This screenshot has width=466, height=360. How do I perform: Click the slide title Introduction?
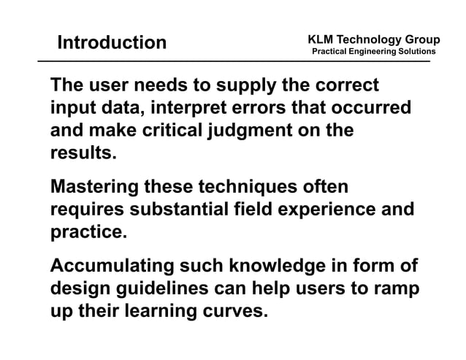(112, 42)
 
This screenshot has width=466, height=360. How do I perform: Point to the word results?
(83, 155)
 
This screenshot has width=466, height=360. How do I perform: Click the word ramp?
(397, 289)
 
